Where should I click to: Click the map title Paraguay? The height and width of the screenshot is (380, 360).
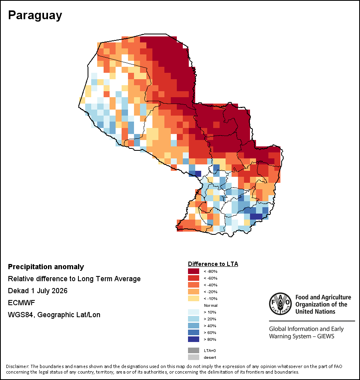35,16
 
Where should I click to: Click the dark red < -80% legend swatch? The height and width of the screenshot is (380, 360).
194,271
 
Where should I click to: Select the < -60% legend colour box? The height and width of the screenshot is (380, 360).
194,278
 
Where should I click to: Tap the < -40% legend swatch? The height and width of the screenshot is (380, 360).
194,285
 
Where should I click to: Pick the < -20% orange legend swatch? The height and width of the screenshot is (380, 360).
194,292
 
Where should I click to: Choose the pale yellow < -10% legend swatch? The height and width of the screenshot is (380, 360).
194,298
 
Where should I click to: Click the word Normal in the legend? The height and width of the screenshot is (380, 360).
211,305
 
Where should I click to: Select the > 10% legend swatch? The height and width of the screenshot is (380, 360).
194,312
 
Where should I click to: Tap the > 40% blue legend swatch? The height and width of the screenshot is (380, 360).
194,326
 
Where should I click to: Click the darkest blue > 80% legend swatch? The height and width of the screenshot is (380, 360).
194,339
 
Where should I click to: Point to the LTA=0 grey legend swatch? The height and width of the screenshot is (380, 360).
194,350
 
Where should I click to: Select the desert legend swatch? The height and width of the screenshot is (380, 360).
194,357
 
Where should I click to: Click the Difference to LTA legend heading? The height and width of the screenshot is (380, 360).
213,264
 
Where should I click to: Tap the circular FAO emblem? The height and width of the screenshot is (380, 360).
280,304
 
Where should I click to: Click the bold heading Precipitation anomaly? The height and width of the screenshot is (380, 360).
46,267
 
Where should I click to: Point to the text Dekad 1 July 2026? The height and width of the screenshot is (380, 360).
38,290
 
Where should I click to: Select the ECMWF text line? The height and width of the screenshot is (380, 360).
21,303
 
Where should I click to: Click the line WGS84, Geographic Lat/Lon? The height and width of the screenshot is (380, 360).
54,315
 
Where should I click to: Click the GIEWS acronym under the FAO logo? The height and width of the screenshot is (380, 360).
326,336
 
